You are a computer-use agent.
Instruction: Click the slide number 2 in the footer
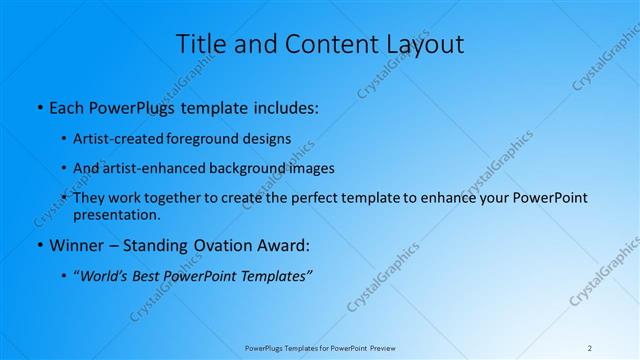click(590, 348)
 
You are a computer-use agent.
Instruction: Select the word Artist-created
click(113, 138)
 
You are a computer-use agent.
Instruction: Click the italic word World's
click(105, 276)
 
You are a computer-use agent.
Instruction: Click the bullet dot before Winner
click(39, 246)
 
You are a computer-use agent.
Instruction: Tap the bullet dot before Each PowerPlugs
click(39, 106)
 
